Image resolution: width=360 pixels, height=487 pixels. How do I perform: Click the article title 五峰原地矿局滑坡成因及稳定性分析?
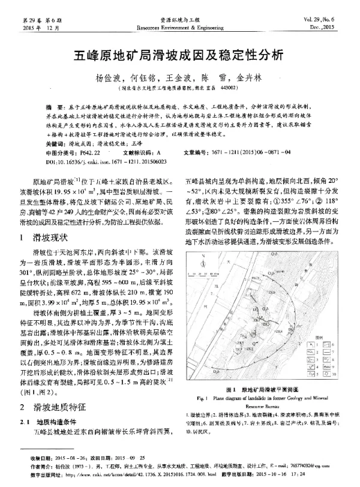point(180,56)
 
